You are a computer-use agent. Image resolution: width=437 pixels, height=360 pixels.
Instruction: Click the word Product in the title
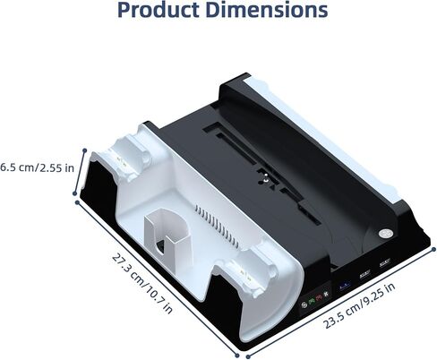pyautogui.click(x=159, y=10)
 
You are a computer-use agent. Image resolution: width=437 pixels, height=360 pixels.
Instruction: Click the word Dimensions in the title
pyautogui.click(x=267, y=10)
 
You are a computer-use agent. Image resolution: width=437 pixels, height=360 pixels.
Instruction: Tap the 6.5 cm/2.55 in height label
pyautogui.click(x=37, y=167)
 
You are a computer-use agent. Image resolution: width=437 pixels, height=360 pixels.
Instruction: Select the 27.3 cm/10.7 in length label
pyautogui.click(x=142, y=284)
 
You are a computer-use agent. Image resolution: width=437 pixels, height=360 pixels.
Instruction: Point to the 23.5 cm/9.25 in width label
pyautogui.click(x=359, y=305)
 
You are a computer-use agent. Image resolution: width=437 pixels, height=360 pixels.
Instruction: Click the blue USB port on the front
pyautogui.click(x=344, y=286)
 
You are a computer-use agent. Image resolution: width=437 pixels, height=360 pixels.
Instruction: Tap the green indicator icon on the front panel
pyautogui.click(x=312, y=302)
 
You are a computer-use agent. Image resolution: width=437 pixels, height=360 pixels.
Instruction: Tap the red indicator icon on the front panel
pyautogui.click(x=319, y=298)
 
